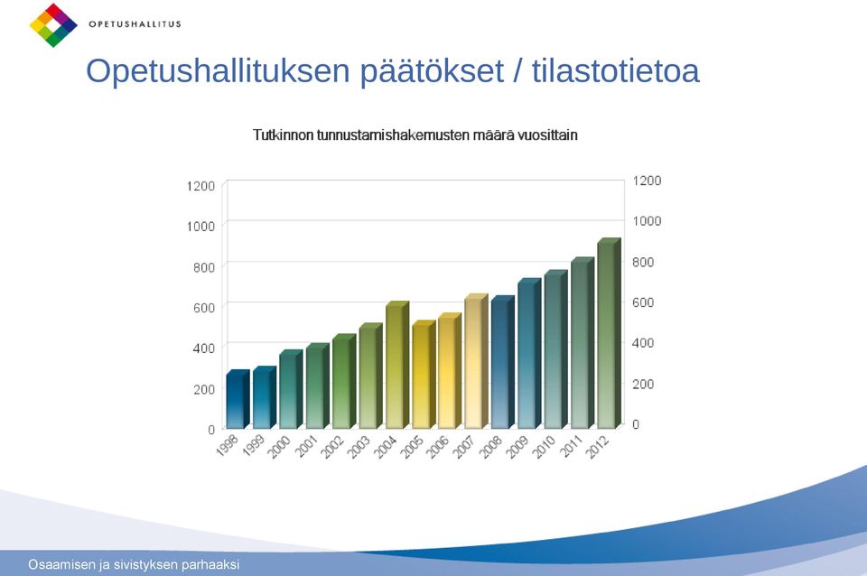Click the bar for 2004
tap(397, 366)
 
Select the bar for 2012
tap(610, 333)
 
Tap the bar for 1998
tap(238, 399)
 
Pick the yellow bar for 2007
tap(477, 361)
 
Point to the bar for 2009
tap(530, 354)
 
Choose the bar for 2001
tap(317, 386)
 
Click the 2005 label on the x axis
tap(412, 447)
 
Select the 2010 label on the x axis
tap(544, 447)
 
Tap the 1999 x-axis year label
tap(253, 447)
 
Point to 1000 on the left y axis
tap(200, 226)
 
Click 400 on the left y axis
tap(204, 348)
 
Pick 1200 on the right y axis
tap(647, 181)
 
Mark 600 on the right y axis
tap(643, 302)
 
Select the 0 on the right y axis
tap(636, 424)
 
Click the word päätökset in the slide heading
tap(432, 71)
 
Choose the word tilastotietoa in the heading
tap(616, 70)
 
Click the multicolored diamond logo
tap(53, 25)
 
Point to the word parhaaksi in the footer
tap(213, 565)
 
